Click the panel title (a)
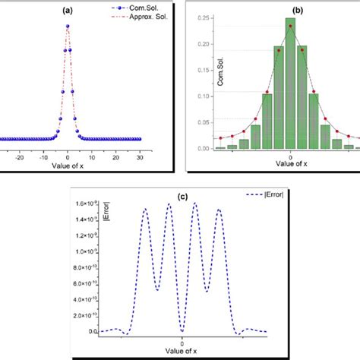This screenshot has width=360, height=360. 68,11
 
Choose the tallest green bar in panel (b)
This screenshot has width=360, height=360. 290,84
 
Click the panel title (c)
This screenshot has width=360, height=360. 182,197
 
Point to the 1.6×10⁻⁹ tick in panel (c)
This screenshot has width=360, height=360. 84,204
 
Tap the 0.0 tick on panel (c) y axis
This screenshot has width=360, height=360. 91,332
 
